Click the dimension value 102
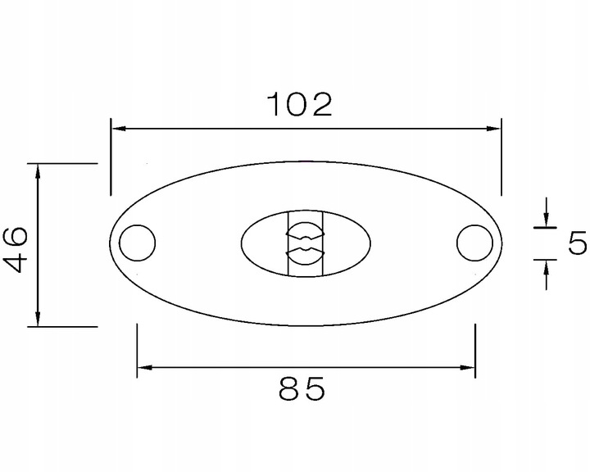click(x=300, y=104)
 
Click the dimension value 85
click(x=302, y=388)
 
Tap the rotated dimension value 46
click(x=15, y=249)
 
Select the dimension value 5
click(x=577, y=243)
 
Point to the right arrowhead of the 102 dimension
click(x=493, y=129)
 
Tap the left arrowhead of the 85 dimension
click(x=144, y=367)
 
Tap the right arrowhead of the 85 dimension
click(x=468, y=367)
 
